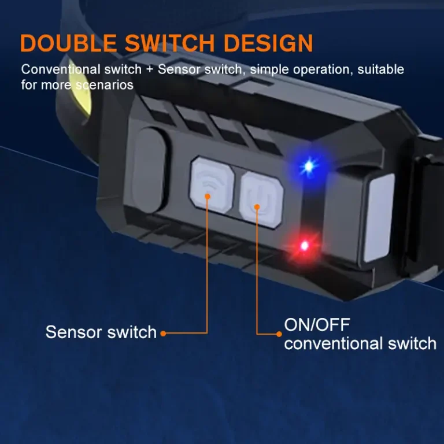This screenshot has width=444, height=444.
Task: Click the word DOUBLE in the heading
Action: tap(68, 43)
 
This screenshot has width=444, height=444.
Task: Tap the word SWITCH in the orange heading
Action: tap(169, 43)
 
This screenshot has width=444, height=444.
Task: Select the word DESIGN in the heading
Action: tap(268, 43)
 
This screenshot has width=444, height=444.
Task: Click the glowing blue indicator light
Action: tap(308, 166)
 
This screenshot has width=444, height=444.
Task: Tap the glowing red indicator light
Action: tap(305, 246)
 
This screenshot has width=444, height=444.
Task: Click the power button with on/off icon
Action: tap(261, 199)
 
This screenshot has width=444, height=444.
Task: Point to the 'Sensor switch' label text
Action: tap(101, 332)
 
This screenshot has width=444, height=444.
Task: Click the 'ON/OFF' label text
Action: tap(317, 324)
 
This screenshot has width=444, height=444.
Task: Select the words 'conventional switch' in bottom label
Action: tap(360, 343)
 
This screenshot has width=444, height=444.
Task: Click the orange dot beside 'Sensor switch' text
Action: tap(163, 334)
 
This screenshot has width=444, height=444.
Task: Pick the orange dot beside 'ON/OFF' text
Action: tap(279, 334)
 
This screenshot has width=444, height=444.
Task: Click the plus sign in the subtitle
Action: tap(150, 69)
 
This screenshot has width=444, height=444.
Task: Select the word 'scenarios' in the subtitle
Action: tap(105, 85)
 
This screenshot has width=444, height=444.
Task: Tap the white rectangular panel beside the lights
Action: tap(379, 217)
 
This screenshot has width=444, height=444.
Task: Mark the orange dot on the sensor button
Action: tap(208, 196)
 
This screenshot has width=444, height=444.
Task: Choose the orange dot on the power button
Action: tap(257, 207)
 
